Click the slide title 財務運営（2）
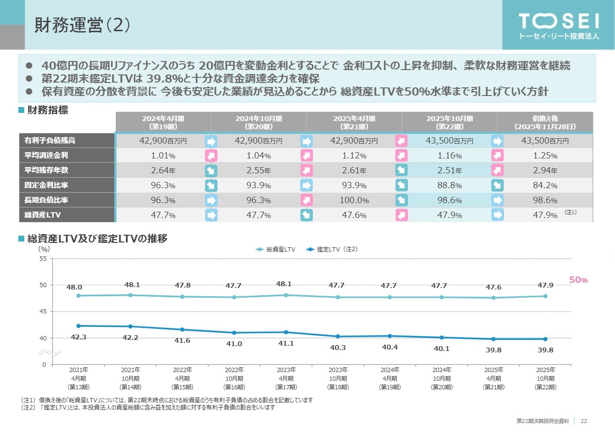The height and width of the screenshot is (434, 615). coord(82,25)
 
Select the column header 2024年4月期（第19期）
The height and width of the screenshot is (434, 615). coord(163,122)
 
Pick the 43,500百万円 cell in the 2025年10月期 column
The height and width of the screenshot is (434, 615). coord(449,141)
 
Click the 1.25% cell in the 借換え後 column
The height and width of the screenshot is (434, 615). coord(545,156)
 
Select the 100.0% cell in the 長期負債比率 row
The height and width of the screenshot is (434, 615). coord(354,200)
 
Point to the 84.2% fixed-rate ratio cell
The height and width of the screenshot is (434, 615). coord(545,185)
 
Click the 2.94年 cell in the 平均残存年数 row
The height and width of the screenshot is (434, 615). coord(545,170)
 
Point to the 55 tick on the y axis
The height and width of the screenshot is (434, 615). coord(42,259)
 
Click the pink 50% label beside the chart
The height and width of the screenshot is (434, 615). coord(578,280)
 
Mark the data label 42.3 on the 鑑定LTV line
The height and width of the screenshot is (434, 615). coord(78,337)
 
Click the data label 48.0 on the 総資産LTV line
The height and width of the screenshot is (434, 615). coord(74,287)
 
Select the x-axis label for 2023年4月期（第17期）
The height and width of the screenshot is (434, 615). coord(286,378)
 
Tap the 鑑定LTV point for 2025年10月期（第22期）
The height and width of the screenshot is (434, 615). coord(545,339)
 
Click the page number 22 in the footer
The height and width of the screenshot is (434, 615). coord(584,421)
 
